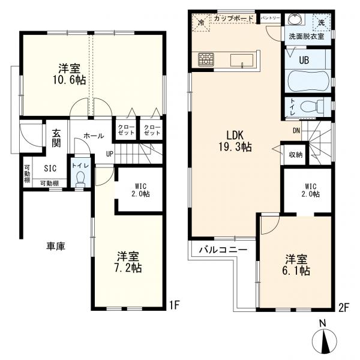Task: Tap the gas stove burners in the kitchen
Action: pos(206,59)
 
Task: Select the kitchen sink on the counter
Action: pos(242,61)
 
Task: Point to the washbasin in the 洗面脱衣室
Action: pos(296,19)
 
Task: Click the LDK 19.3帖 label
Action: pos(235,141)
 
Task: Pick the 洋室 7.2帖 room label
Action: pos(128,262)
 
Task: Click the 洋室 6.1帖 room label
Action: pos(296,265)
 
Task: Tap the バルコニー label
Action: pos(223,250)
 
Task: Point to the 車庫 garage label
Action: pos(56,246)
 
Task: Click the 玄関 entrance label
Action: pos(56,138)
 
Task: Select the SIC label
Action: pos(50,168)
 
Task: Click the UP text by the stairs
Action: pos(110,154)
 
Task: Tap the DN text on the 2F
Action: pos(296,131)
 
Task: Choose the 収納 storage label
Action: pos(296,155)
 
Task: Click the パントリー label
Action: pos(271,17)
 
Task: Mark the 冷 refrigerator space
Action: pos(201,22)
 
